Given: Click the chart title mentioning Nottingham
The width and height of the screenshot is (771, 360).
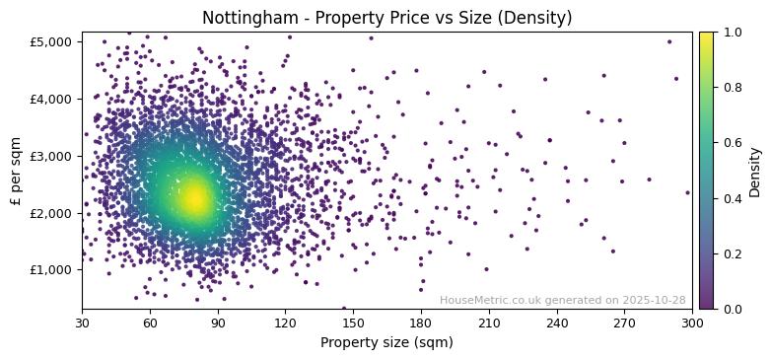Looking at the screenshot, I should click(x=386, y=18).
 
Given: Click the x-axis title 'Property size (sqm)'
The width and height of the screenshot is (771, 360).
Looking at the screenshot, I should click(x=386, y=343).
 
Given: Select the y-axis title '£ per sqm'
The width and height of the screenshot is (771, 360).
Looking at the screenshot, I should click(x=16, y=171).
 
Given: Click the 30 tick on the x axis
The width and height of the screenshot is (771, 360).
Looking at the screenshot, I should click(x=82, y=323).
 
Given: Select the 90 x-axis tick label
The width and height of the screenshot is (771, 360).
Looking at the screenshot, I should click(x=218, y=323).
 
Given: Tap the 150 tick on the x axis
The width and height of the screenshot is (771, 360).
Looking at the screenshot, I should click(x=353, y=323).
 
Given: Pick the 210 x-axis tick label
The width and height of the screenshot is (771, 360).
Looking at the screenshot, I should click(x=489, y=323).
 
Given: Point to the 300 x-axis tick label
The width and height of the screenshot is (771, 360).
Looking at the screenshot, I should click(x=692, y=323).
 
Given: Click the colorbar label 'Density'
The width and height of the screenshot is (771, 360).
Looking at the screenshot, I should click(x=755, y=172).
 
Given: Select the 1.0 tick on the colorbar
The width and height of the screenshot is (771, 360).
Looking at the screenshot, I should click(x=731, y=33).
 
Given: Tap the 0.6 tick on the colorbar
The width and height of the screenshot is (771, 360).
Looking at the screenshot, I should click(x=731, y=143).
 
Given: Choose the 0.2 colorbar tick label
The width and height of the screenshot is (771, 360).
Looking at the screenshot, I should click(x=731, y=254).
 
